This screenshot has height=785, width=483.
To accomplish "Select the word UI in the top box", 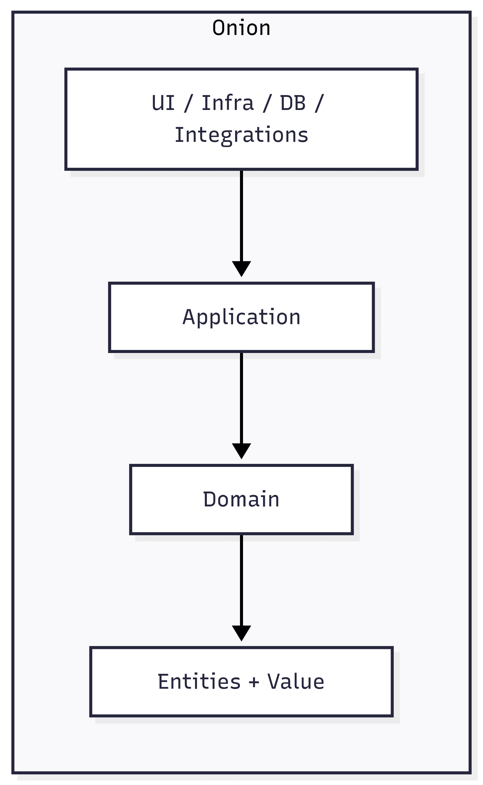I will [163, 103].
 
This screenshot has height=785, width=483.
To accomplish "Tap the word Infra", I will [228, 103].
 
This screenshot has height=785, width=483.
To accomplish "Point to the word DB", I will [293, 103].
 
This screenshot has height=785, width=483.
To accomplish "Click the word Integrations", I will [241, 135].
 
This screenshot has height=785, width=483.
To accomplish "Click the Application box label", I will [241, 317].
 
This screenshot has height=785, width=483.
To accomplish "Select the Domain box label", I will [241, 499].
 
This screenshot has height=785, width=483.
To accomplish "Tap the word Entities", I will [199, 681].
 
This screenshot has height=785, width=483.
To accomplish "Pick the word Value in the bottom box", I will [296, 681].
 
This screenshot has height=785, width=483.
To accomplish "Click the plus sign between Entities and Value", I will [254, 683].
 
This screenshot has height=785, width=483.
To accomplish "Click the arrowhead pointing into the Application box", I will [241, 268].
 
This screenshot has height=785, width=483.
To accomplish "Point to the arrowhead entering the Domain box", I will [241, 450].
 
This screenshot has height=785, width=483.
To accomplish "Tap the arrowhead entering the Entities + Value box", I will [241, 633].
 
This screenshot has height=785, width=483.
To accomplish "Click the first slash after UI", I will [188, 103].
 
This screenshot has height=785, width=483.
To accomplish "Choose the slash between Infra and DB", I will [267, 103].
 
